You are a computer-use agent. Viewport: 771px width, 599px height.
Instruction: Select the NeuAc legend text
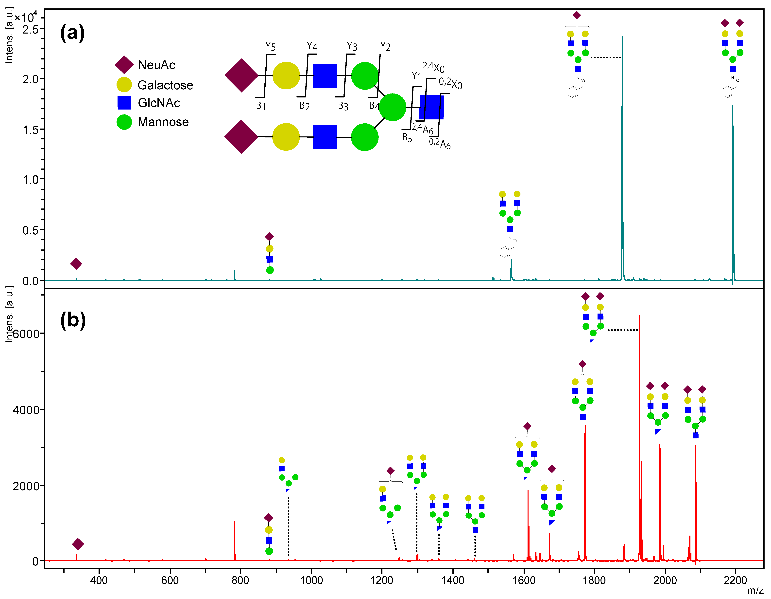156,65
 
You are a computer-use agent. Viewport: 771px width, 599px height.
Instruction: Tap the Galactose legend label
165,85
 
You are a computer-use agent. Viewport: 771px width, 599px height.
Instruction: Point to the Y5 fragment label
270,46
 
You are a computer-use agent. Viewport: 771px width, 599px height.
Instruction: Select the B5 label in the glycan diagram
407,137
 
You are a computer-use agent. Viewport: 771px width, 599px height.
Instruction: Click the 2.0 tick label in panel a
31,79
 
